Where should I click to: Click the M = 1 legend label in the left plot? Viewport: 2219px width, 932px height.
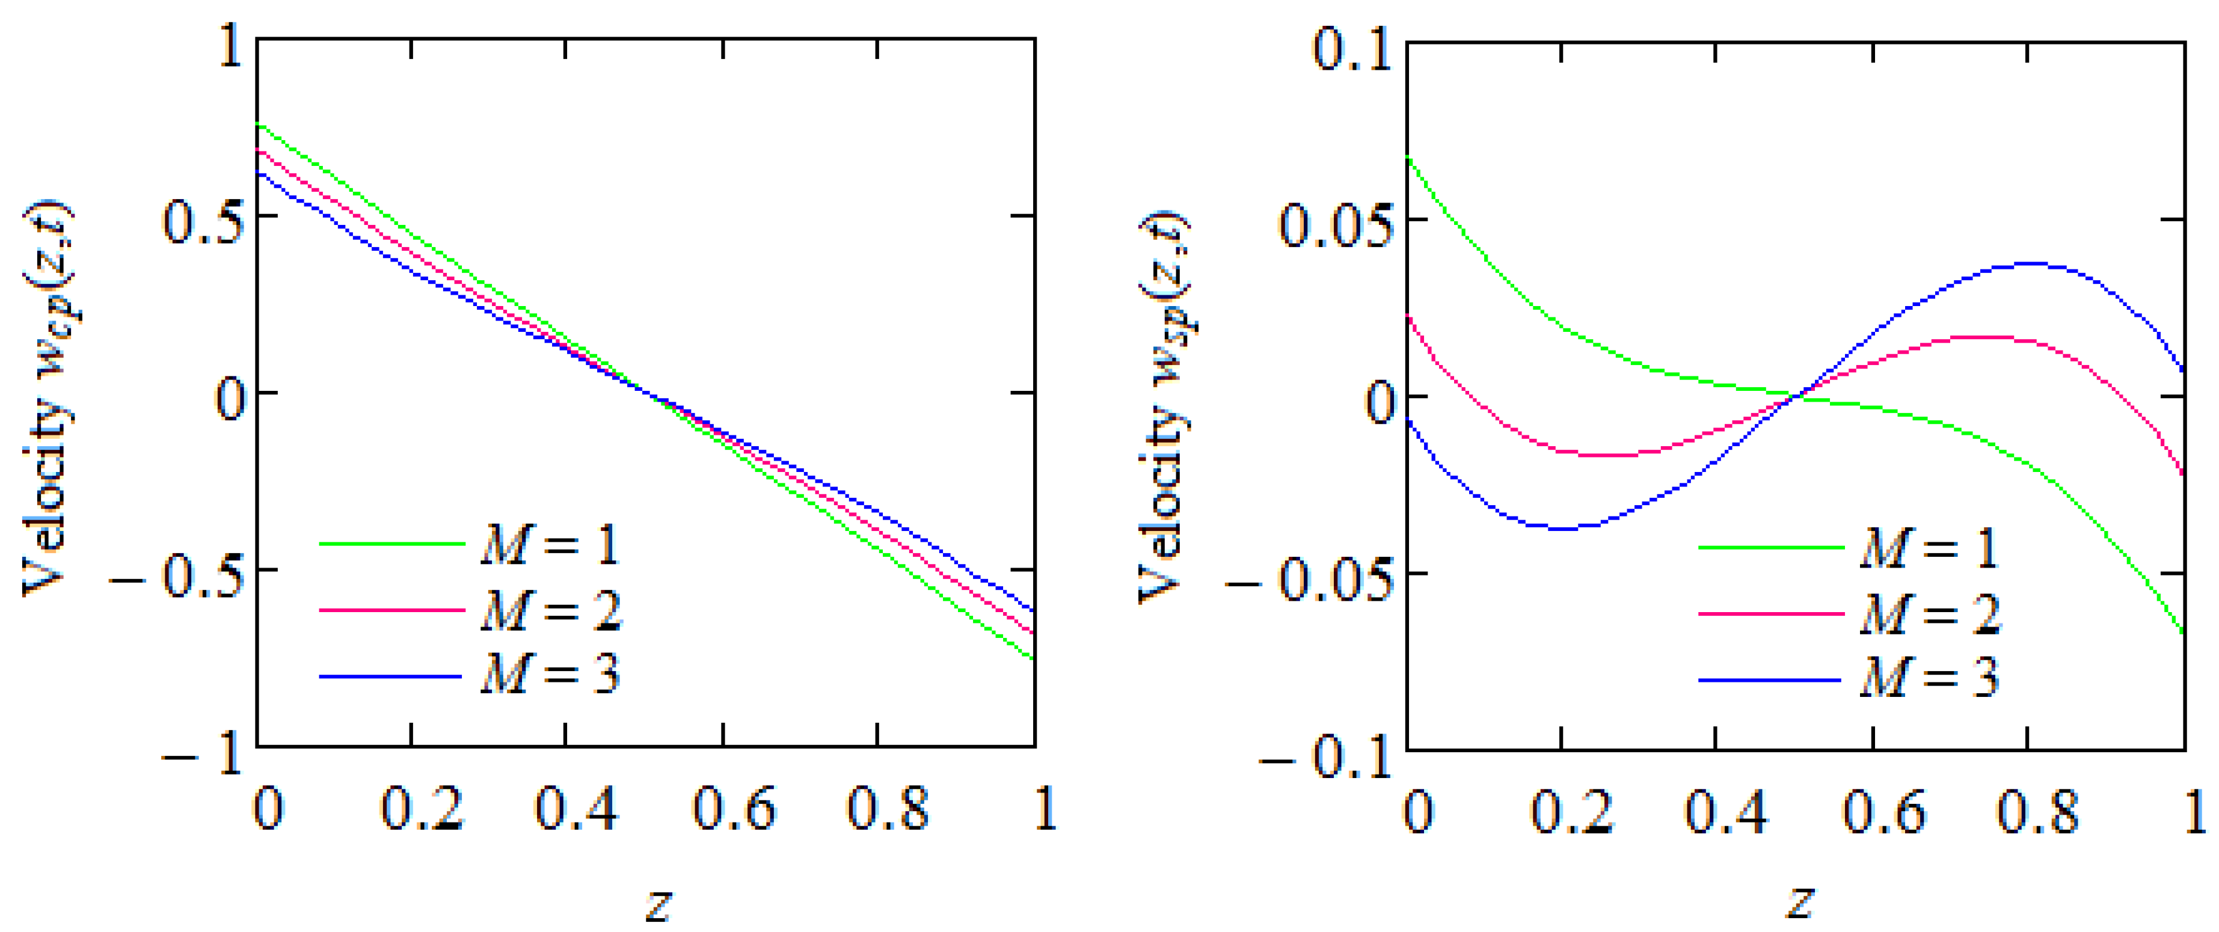550,544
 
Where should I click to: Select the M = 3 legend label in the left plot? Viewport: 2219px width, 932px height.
550,675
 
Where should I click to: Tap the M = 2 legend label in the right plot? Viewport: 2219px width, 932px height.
1930,614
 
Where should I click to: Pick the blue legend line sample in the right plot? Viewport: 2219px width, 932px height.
1771,681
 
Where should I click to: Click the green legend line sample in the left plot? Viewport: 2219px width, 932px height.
392,544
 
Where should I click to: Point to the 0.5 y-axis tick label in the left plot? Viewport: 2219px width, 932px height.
203,221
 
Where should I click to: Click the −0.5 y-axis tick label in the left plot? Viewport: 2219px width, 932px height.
177,575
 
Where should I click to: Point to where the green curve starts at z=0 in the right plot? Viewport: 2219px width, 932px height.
1409,158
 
